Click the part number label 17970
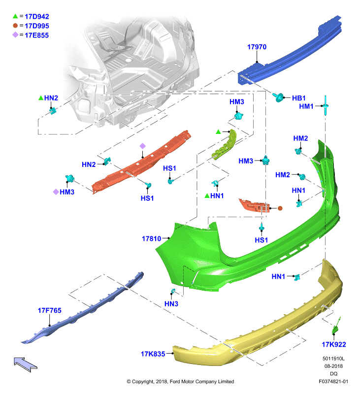pos(257,47)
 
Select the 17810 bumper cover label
pos(152,238)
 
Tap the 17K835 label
pos(153,354)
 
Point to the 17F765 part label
pos(49,310)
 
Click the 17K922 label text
pos(334,344)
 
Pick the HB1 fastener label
pos(299,98)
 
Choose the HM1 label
pos(306,106)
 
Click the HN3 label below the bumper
pos(171,304)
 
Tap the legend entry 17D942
pos(37,17)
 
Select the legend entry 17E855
pos(36,35)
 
